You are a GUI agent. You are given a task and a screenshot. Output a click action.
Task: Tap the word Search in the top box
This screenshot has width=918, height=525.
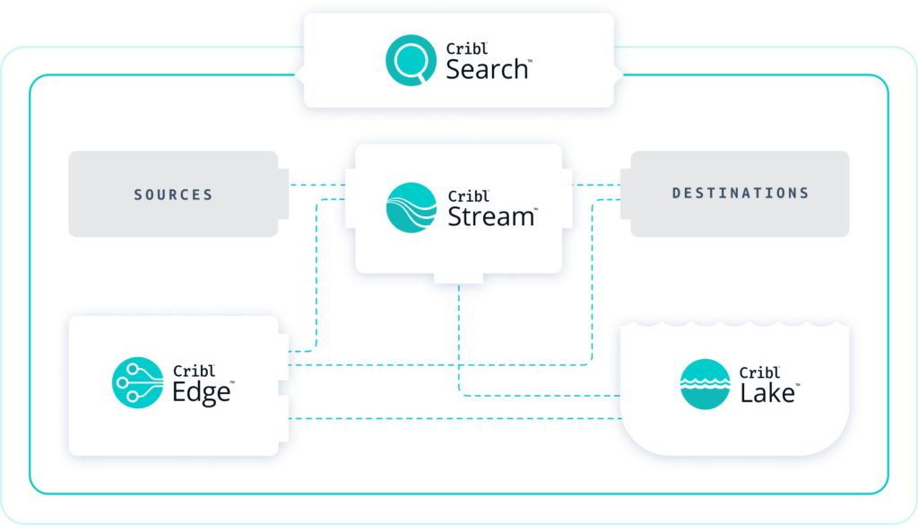[487, 69]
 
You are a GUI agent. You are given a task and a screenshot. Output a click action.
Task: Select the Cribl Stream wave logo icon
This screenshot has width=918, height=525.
[411, 207]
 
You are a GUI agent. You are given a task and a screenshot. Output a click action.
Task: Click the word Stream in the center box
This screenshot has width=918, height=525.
[490, 215]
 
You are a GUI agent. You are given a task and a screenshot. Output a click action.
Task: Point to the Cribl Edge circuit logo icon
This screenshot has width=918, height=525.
[137, 382]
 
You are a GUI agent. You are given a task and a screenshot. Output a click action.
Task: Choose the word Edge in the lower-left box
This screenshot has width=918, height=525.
[202, 391]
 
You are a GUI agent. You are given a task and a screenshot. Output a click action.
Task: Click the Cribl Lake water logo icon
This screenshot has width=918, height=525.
[705, 384]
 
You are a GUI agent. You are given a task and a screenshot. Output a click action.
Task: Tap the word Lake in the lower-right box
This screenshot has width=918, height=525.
[767, 391]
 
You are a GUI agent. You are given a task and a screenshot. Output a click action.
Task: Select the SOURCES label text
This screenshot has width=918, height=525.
[173, 195]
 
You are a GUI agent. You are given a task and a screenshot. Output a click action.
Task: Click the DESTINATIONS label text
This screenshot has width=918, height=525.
[740, 193]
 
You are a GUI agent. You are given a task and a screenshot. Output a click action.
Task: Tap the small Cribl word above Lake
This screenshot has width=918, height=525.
[758, 372]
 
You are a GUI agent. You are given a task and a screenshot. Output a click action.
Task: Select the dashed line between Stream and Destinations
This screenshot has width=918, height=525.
[599, 185]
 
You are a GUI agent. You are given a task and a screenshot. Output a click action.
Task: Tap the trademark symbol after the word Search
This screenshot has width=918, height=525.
[531, 61]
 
